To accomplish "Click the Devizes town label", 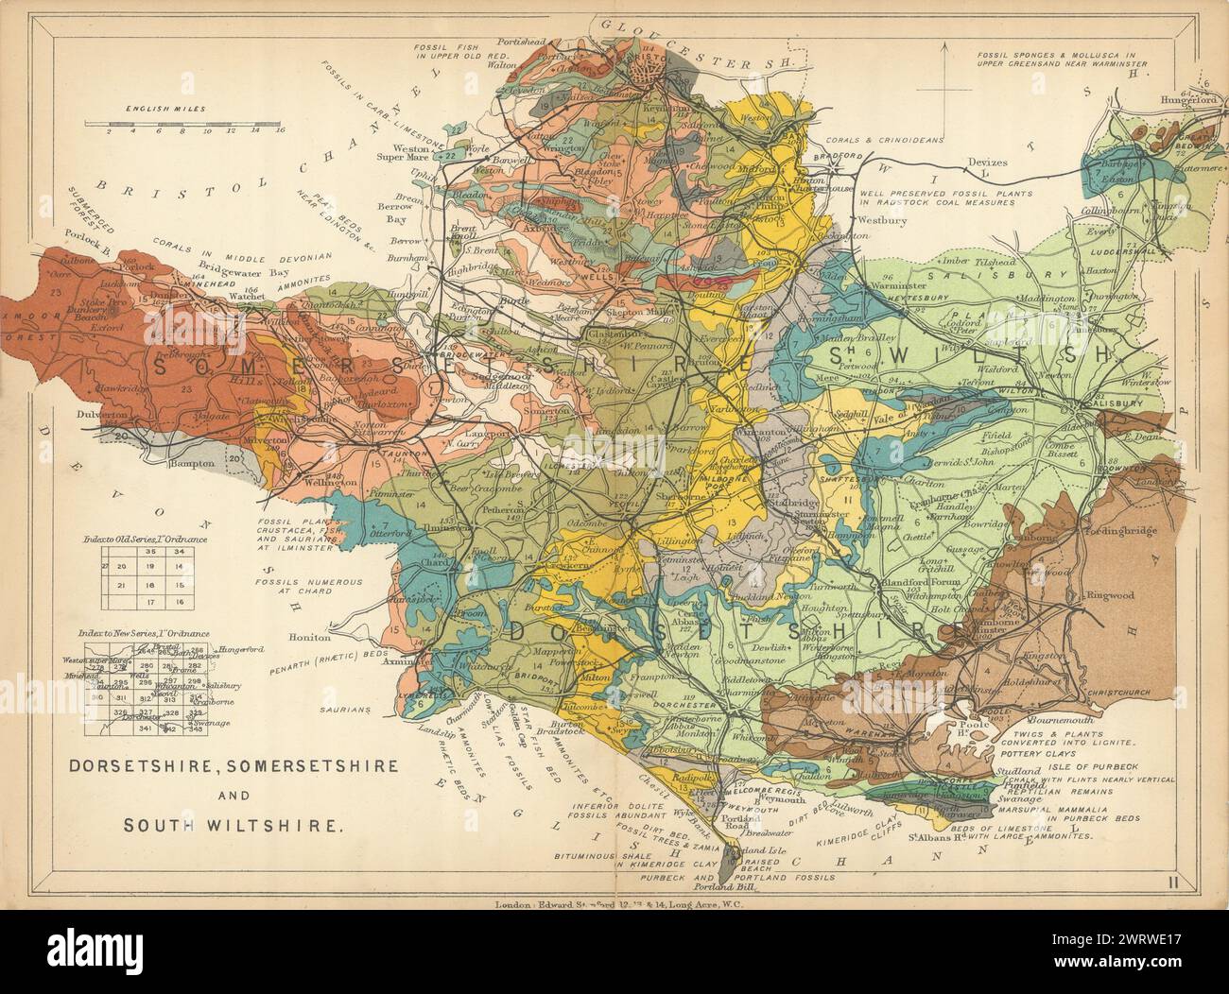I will click(988, 162).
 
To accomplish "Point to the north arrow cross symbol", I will click(946, 90).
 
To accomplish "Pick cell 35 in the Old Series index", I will click(151, 551).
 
